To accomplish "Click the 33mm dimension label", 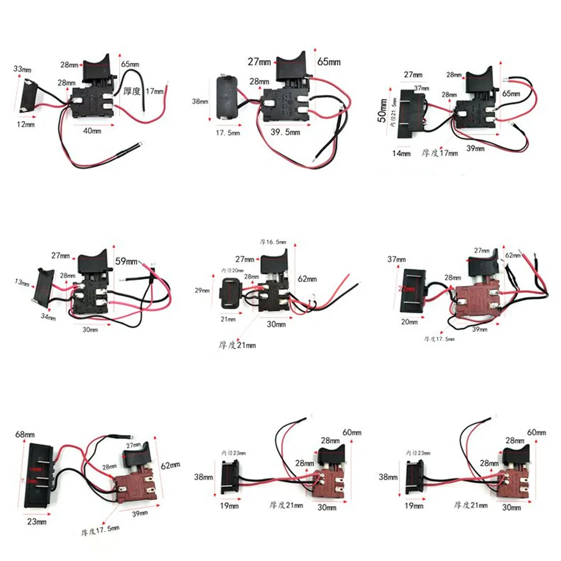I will pyautogui.click(x=22, y=69).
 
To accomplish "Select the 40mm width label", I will pyautogui.click(x=93, y=131).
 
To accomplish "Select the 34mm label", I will pyautogui.click(x=48, y=318).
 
